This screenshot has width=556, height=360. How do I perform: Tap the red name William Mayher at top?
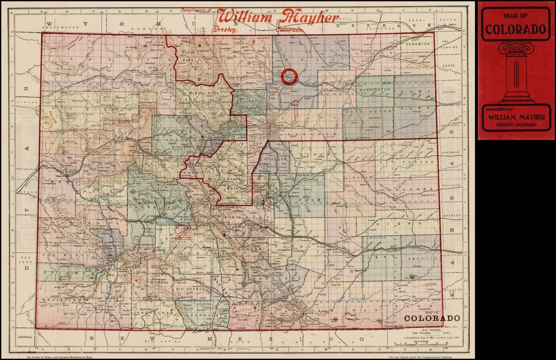(278, 18)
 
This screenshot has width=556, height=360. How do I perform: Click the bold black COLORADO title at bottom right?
(432, 318)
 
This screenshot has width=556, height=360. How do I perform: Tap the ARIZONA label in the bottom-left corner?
(25, 337)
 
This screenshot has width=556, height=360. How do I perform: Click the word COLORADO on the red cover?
(516, 30)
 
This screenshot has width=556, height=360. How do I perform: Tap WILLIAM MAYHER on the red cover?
(515, 117)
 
